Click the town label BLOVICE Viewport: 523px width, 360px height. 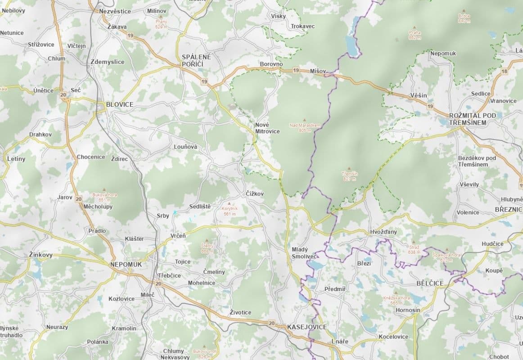click(120, 104)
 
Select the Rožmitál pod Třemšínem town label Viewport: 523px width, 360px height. click(473, 119)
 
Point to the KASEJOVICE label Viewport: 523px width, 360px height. click(307, 327)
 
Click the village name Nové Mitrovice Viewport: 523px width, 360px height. click(267, 128)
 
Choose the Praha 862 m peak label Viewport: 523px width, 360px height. click(415, 35)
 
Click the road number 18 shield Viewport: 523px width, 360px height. click(504, 72)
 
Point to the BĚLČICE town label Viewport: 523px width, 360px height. click(430, 283)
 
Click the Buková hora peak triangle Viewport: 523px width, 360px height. click(104, 190)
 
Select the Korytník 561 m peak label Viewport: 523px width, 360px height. click(230, 211)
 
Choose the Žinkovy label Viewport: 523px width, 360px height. click(41, 255)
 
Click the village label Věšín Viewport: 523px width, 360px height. click(419, 95)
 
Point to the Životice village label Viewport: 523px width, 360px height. click(240, 312)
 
